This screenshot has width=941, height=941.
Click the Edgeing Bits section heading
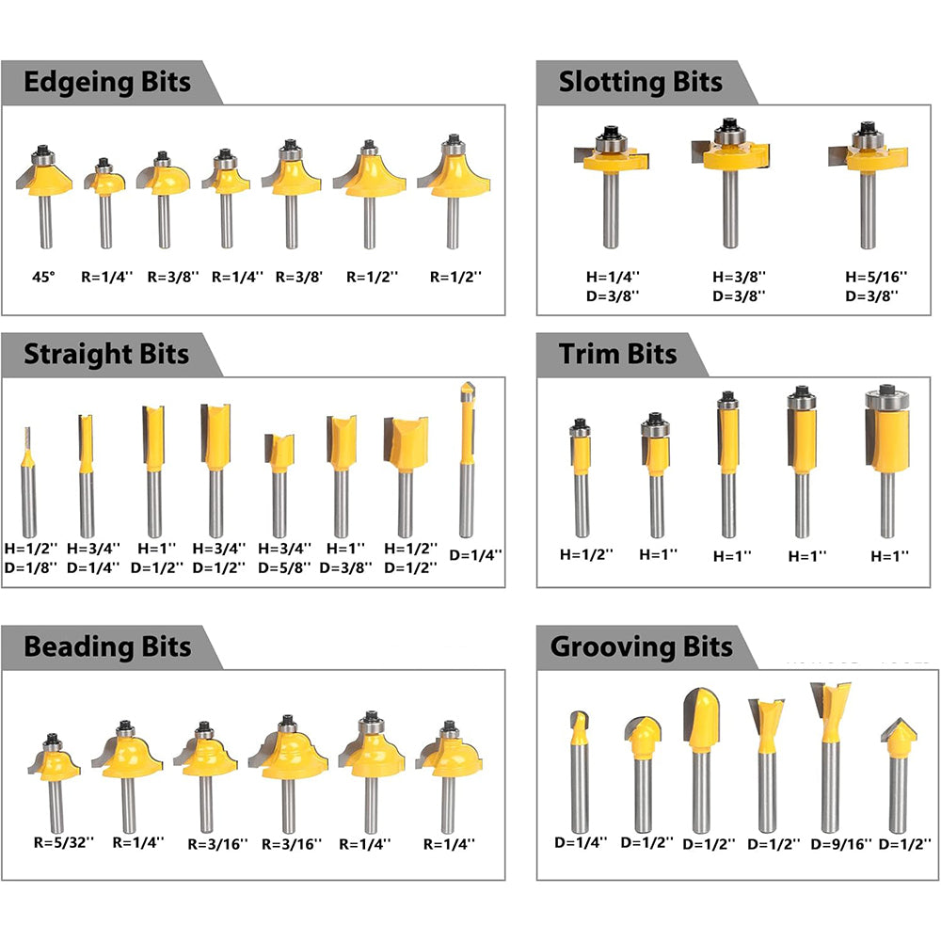(x=106, y=82)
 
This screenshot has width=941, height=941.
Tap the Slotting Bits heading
(x=640, y=82)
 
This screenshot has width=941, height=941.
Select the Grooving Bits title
(x=641, y=647)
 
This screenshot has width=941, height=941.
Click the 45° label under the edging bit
(x=42, y=278)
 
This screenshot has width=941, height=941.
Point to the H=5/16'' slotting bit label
(x=875, y=277)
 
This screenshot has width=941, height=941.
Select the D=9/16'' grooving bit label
(x=841, y=844)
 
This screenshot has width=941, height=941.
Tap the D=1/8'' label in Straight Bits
(x=30, y=567)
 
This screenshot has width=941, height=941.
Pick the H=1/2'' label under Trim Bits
(x=584, y=555)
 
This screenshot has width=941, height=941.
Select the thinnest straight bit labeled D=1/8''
(x=29, y=480)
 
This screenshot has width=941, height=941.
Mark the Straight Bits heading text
(x=106, y=355)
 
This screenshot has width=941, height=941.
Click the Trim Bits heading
(x=617, y=355)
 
